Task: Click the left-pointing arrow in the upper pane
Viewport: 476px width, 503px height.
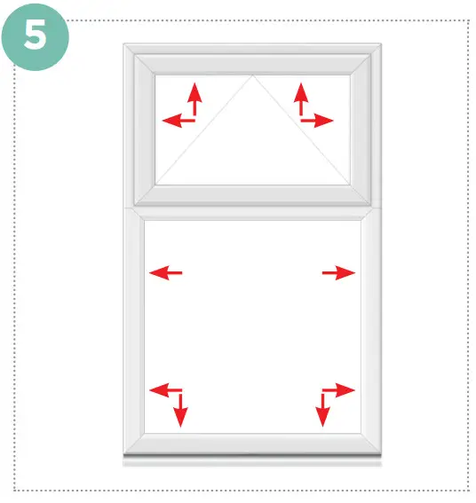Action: [174, 120]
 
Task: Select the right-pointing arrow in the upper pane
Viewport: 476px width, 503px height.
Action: [321, 120]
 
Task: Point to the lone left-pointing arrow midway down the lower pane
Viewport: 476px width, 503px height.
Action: [165, 273]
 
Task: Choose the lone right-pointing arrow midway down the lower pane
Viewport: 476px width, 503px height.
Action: [339, 273]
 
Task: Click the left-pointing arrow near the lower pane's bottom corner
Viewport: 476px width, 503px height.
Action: [163, 389]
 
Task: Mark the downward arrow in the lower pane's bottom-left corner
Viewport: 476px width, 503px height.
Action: [181, 410]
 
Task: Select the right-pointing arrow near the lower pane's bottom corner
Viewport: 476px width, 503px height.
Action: [341, 389]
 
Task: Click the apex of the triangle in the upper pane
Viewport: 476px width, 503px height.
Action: [253, 76]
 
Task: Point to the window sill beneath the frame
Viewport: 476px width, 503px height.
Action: [252, 460]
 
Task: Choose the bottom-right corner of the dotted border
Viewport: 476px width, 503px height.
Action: [468, 491]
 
